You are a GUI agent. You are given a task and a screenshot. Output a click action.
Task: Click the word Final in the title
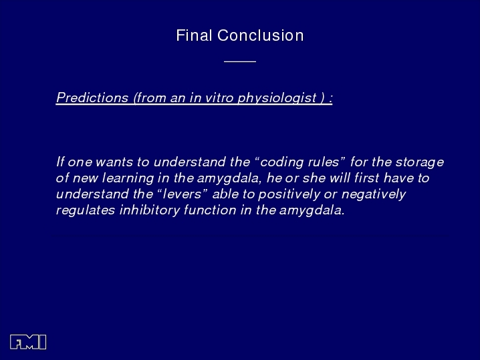(x=194, y=35)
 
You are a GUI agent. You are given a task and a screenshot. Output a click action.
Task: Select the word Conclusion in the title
(x=261, y=35)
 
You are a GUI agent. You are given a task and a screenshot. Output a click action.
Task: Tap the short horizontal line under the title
(x=240, y=62)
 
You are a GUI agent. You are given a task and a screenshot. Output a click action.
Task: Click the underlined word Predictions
(x=92, y=98)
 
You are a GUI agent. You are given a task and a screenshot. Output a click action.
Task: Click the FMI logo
(x=28, y=342)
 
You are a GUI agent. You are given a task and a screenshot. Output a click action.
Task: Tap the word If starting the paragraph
(x=60, y=162)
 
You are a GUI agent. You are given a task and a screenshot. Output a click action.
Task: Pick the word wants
(x=114, y=162)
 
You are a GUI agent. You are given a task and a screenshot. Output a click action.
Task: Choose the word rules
(x=324, y=162)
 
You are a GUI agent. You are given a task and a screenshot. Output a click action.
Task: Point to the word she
(x=314, y=178)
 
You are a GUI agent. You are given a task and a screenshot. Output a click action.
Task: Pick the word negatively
(x=374, y=194)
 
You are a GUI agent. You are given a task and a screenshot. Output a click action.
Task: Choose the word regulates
(x=86, y=210)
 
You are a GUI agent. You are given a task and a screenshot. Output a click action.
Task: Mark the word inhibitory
(x=149, y=210)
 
